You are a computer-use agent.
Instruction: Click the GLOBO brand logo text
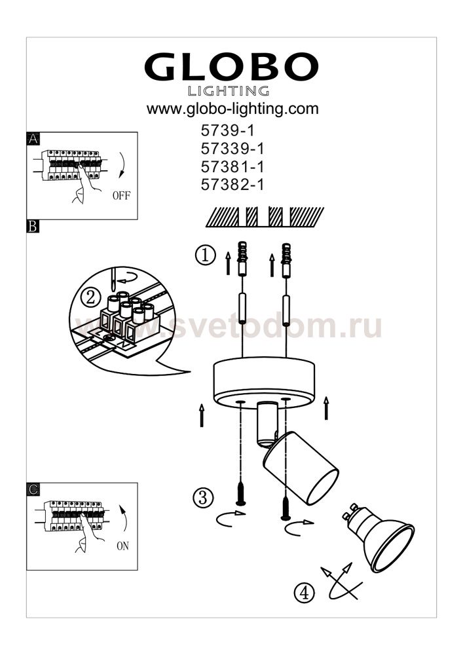(x=232, y=67)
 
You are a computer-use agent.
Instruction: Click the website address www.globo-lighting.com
(x=232, y=109)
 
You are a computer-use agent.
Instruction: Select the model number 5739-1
(x=227, y=131)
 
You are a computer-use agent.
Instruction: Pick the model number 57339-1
(x=232, y=149)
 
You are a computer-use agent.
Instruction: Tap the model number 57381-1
(x=232, y=166)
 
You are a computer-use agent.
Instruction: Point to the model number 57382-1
(x=232, y=185)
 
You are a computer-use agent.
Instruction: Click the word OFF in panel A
(x=122, y=195)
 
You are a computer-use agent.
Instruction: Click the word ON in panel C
(x=122, y=546)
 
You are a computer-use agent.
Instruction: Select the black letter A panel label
(x=33, y=139)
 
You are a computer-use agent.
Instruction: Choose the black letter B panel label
(x=33, y=227)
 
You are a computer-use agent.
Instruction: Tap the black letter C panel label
(x=33, y=489)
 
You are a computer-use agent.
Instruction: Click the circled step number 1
(x=206, y=255)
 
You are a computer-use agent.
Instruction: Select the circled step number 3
(x=203, y=498)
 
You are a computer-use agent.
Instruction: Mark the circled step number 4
(x=305, y=593)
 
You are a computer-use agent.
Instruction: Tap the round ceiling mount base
(x=264, y=383)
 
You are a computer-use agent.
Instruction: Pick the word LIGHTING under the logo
(x=229, y=90)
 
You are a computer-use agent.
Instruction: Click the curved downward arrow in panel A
(x=122, y=165)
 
